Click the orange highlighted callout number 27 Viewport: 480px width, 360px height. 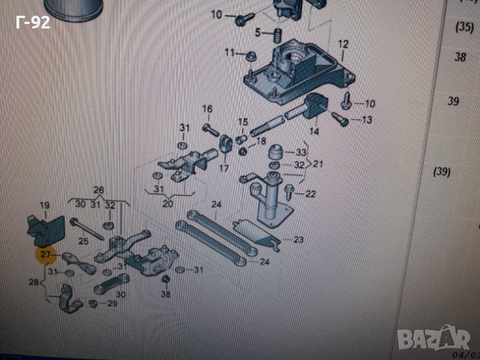46,255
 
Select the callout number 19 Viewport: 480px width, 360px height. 44,205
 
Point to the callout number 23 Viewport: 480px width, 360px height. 298,240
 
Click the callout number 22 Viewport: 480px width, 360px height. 310,194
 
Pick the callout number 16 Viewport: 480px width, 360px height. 207,109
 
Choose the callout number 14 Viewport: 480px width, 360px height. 313,131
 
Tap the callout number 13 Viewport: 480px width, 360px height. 367,120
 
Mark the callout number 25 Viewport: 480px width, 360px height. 83,241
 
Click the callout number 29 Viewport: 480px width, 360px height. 112,304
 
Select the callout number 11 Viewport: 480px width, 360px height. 229,52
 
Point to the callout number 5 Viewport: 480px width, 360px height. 257,32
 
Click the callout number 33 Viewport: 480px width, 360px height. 301,151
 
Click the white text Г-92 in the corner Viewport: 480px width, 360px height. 32,22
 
